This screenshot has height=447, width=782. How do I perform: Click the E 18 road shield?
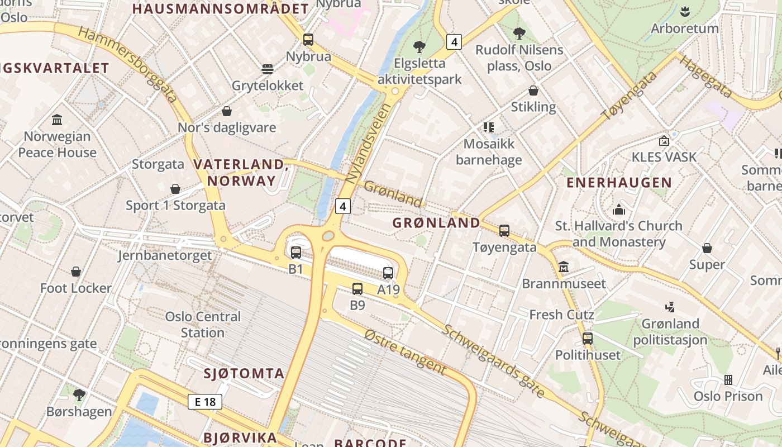[x=205, y=401]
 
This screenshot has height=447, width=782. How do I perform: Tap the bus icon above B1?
[x=296, y=252]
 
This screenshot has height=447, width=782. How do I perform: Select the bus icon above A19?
[x=388, y=273]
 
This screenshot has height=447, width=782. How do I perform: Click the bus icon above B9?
[x=357, y=288]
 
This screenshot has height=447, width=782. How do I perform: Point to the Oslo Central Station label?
[x=203, y=325]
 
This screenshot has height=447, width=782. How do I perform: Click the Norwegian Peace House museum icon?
[x=57, y=120]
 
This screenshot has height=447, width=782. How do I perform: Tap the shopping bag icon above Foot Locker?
[x=76, y=272]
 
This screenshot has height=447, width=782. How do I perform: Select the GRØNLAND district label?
[x=436, y=223]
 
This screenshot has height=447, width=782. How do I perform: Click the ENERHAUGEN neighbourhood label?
[x=619, y=183]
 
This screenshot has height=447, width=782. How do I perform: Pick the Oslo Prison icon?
[x=728, y=380]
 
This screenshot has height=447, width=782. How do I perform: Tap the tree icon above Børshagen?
[x=79, y=395]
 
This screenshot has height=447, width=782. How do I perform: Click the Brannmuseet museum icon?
[x=563, y=267]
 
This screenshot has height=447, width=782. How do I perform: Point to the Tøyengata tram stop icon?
[x=504, y=230]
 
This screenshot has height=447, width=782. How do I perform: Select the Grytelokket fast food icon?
[x=268, y=69]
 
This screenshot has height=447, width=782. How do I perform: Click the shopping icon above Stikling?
[x=533, y=91]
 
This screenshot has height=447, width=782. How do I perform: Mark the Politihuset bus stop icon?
[x=588, y=338]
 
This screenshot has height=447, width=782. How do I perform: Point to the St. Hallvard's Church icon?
[x=619, y=210]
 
